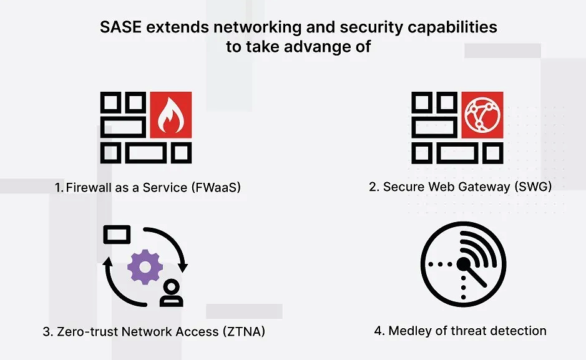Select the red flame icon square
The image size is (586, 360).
[170, 114]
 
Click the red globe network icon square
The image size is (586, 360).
[482, 114]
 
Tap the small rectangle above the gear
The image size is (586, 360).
[117, 235]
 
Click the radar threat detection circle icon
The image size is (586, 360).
[462, 265]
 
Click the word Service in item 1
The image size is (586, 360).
[159, 187]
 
